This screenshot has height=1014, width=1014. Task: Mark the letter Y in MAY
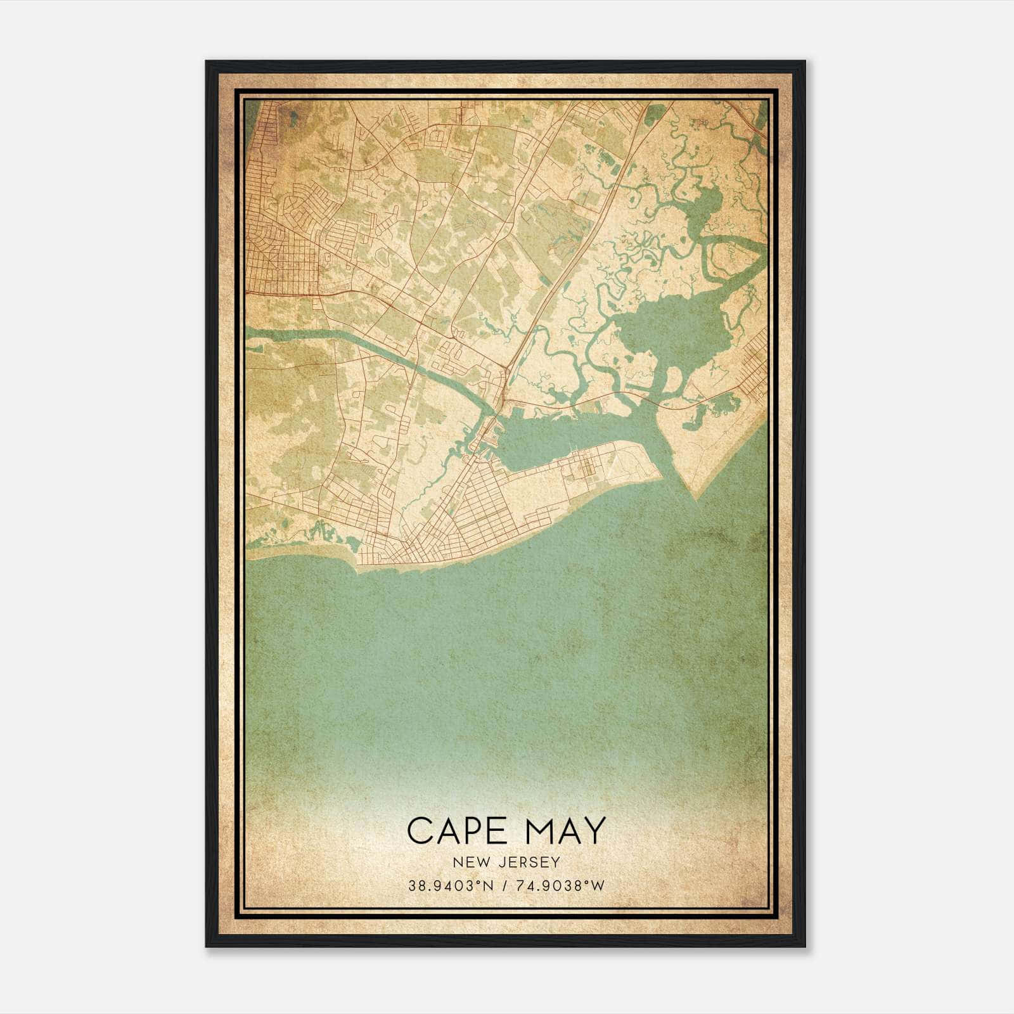pos(595,830)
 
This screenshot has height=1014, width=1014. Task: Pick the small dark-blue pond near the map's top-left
pos(293,115)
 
